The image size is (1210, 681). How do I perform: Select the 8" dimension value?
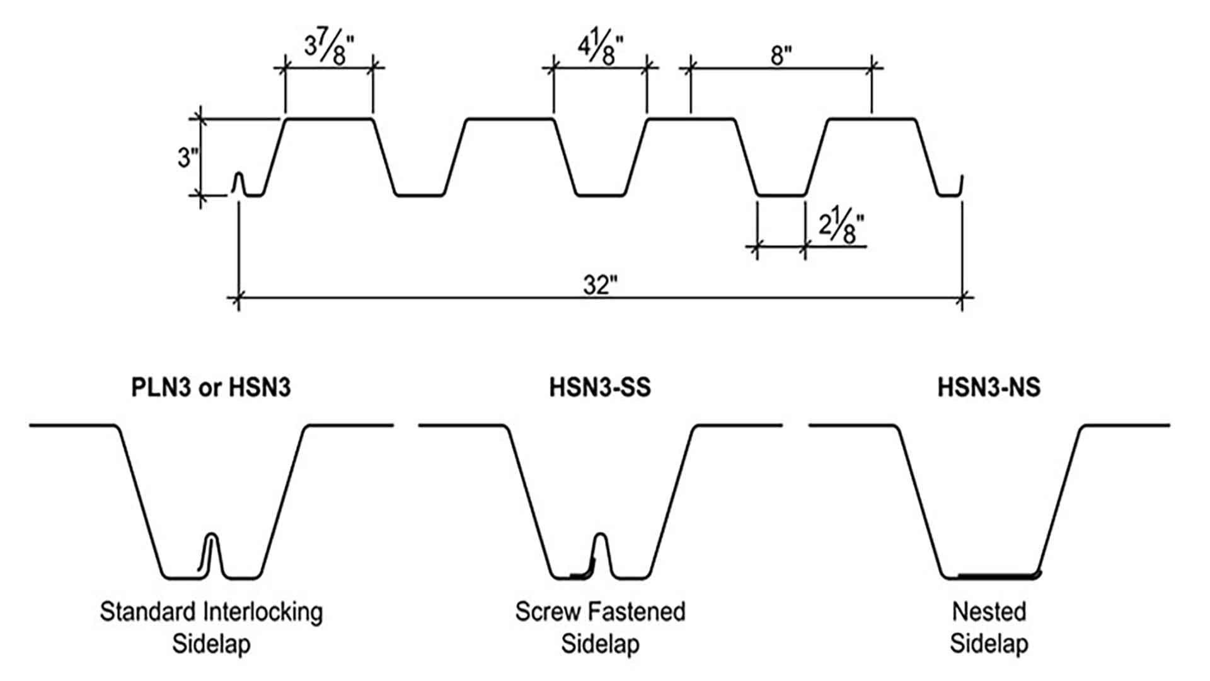[781, 56]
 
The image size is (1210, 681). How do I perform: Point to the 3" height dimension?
[185, 157]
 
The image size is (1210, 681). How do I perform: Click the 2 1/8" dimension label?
[841, 228]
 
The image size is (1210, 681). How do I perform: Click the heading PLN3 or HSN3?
[211, 387]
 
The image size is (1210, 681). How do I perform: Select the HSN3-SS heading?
[600, 387]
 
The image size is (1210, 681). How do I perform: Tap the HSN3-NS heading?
[989, 387]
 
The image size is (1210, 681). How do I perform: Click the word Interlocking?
[263, 612]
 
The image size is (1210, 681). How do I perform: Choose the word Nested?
[989, 612]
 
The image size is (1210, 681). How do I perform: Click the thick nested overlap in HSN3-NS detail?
[999, 575]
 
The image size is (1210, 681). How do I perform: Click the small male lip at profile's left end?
[238, 182]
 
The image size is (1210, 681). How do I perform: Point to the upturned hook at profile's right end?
[960, 187]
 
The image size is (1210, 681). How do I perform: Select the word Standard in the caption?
[148, 612]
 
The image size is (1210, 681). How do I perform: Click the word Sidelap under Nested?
[989, 644]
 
